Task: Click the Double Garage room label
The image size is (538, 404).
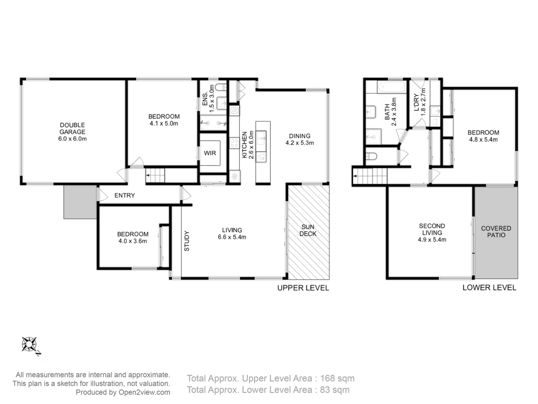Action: (72, 128)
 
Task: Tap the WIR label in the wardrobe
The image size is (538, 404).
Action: (210, 153)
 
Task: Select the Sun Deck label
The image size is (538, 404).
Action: (308, 230)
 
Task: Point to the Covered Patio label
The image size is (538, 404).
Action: (496, 232)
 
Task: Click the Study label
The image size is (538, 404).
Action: (187, 241)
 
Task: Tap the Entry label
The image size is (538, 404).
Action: (125, 195)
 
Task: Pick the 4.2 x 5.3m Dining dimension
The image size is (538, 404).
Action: (299, 143)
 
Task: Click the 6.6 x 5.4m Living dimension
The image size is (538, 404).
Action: (232, 237)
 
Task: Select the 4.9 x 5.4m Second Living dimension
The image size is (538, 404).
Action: (432, 239)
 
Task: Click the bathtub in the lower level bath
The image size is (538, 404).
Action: (391, 87)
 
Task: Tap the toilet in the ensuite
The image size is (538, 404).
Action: (221, 87)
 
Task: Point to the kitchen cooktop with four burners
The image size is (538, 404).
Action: (234, 143)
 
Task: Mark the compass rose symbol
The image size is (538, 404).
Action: (29, 344)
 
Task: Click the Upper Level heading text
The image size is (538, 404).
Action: (303, 288)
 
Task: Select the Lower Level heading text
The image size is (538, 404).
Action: (489, 287)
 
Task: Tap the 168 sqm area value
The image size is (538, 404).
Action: (337, 378)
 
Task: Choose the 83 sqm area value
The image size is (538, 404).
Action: (334, 390)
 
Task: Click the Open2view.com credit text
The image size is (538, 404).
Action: (144, 392)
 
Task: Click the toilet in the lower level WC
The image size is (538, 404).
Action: (371, 156)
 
